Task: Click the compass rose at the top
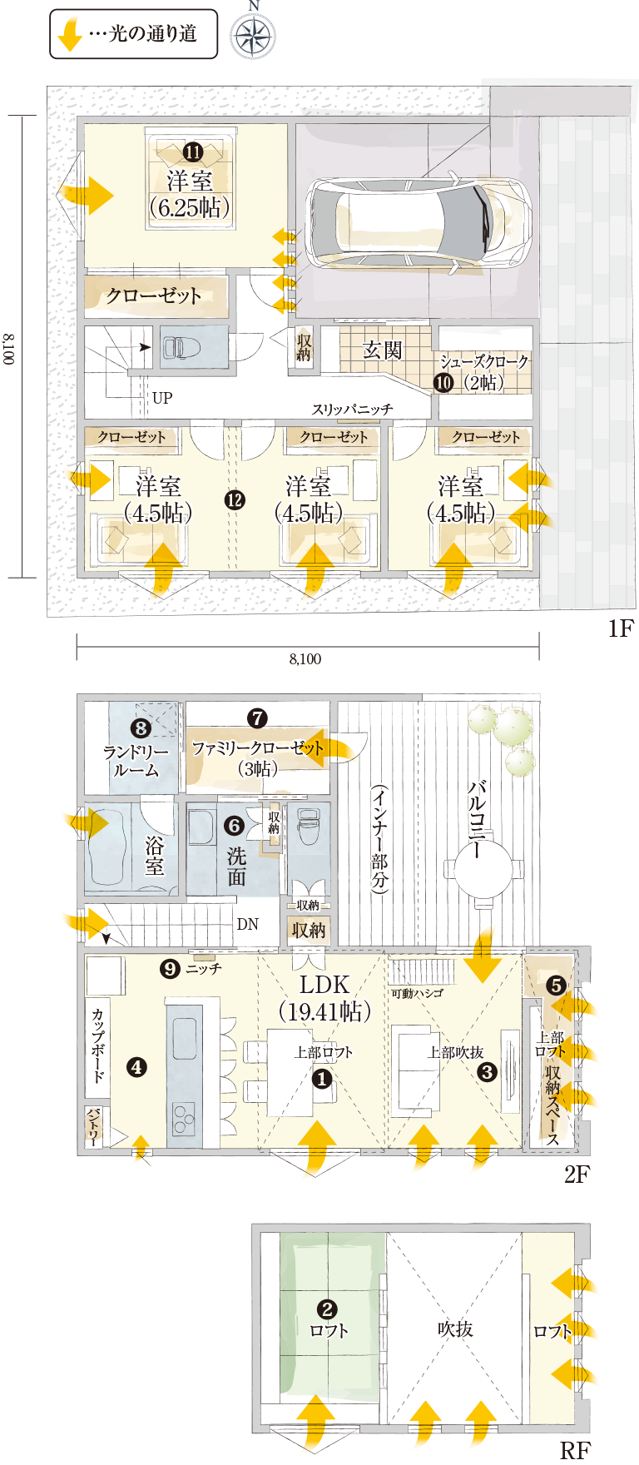pyautogui.click(x=254, y=36)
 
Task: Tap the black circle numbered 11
pyautogui.click(x=192, y=152)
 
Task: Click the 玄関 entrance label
pyautogui.click(x=382, y=350)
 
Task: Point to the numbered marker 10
pyautogui.click(x=443, y=382)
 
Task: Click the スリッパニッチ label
pyautogui.click(x=352, y=409)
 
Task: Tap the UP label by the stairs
pyautogui.click(x=162, y=398)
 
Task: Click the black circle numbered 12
pyautogui.click(x=235, y=499)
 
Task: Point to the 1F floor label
pyautogui.click(x=621, y=628)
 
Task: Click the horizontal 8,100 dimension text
pyautogui.click(x=305, y=659)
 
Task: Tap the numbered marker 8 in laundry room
pyautogui.click(x=141, y=729)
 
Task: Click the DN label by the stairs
pyautogui.click(x=248, y=924)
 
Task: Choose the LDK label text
pyautogui.click(x=324, y=985)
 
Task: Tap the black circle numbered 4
pyautogui.click(x=136, y=1066)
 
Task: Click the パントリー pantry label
pyautogui.click(x=94, y=1127)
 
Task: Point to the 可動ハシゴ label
pyautogui.click(x=417, y=993)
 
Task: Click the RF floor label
pyautogui.click(x=574, y=1451)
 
